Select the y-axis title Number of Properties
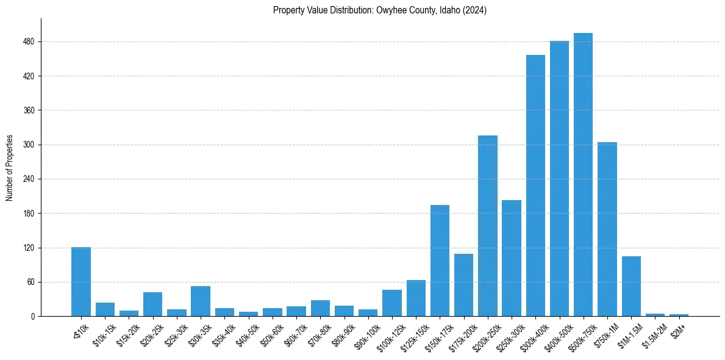click(x=10, y=167)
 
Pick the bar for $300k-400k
click(x=535, y=185)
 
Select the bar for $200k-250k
click(x=488, y=226)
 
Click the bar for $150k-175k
click(x=440, y=261)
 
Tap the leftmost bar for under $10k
click(x=81, y=281)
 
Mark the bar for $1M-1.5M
click(x=631, y=286)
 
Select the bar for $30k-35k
click(x=201, y=301)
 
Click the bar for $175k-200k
click(x=463, y=285)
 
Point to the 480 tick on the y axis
click(x=29, y=41)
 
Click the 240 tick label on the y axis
click(x=29, y=179)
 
